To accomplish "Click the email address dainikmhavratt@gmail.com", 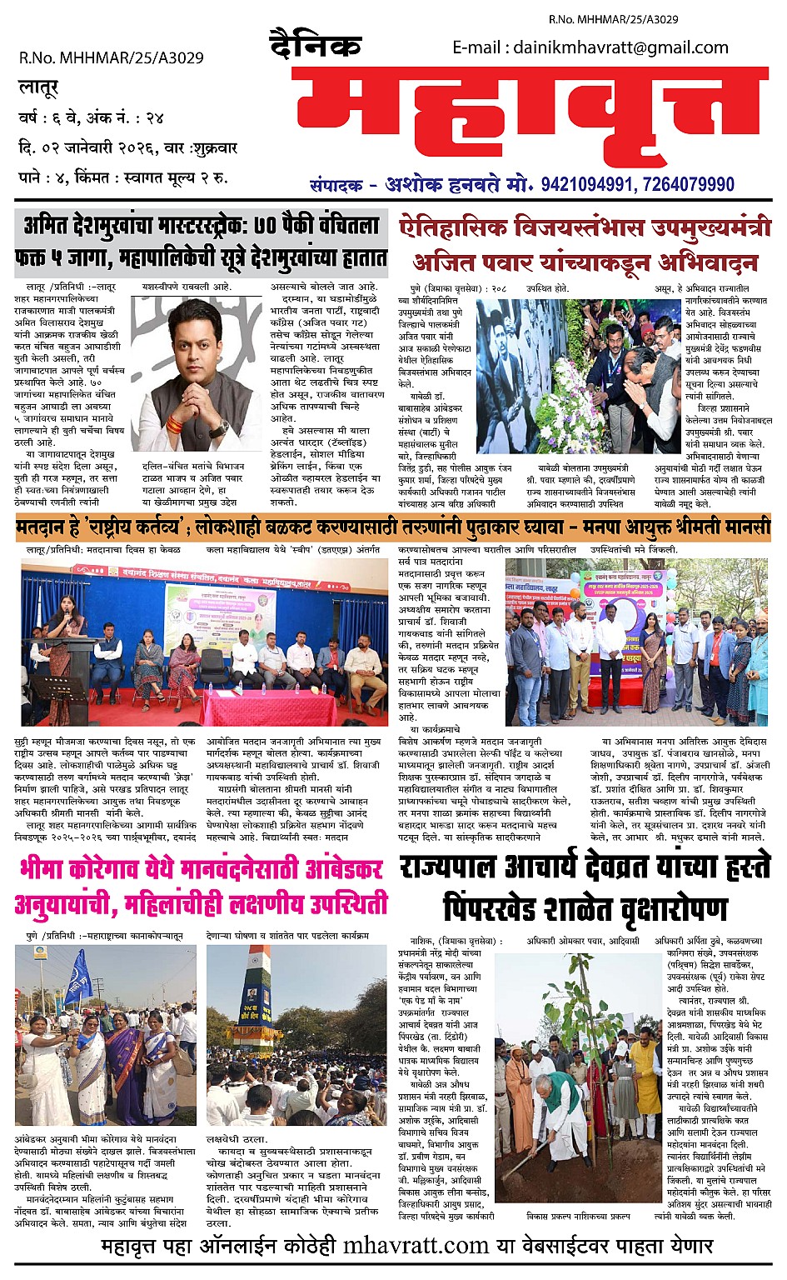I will point(620,47).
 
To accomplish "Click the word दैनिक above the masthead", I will point(315,46).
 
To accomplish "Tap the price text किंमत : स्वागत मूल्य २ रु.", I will point(151,177).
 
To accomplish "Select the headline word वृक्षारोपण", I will point(633,907).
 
